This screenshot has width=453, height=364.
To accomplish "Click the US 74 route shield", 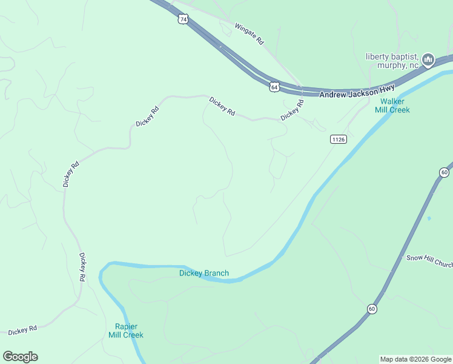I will pyautogui.click(x=184, y=19).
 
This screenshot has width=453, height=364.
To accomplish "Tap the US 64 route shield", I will pyautogui.click(x=275, y=87).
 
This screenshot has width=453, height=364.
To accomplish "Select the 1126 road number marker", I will pyautogui.click(x=338, y=140).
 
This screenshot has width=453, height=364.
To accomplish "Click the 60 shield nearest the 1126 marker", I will pyautogui.click(x=444, y=172).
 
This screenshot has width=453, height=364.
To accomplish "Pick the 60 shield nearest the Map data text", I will pyautogui.click(x=371, y=309).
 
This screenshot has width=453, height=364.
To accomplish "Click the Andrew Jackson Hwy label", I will pyautogui.click(x=357, y=90).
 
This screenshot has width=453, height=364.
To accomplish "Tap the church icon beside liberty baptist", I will pyautogui.click(x=429, y=59).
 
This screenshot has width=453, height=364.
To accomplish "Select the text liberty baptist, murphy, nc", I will pyautogui.click(x=392, y=61).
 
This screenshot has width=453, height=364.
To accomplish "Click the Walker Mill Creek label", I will pyautogui.click(x=395, y=106).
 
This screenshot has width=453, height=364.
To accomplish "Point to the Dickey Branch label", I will pyautogui.click(x=204, y=273).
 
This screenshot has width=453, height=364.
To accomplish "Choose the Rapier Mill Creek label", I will pyautogui.click(x=126, y=330).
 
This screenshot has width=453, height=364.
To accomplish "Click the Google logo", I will pyautogui.click(x=20, y=357).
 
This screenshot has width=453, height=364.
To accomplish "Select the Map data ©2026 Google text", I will pyautogui.click(x=415, y=359).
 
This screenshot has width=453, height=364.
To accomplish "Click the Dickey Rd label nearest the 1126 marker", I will pyautogui.click(x=292, y=110).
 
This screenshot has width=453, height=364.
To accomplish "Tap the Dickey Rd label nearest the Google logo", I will pyautogui.click(x=23, y=329).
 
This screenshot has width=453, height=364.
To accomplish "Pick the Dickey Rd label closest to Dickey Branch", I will pyautogui.click(x=82, y=267).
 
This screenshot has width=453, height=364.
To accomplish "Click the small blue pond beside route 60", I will pyautogui.click(x=429, y=218).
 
